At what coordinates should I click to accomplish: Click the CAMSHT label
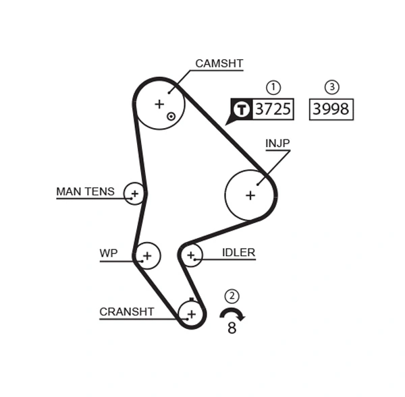pos(219,64)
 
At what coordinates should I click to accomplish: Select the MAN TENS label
pos(85,192)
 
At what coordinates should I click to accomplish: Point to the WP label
pos(108,253)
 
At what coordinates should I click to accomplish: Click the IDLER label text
pos(238,253)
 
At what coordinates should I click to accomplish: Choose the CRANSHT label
pos(126,312)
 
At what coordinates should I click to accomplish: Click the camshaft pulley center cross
pos(159,104)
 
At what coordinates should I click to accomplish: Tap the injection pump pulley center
pos(250,195)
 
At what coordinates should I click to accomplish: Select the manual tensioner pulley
pos(135,194)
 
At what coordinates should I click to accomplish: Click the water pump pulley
pos(147,255)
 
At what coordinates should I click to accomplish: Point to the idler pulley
pos(191,255)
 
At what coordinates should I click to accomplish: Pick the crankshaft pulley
pos(192,313)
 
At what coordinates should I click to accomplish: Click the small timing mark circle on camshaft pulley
pos(171,116)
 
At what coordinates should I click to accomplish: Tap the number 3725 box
pos(273,109)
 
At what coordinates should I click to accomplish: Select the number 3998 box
pos(331,109)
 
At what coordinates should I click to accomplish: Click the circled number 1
pos(273,87)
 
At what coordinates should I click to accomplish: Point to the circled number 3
pos(331,87)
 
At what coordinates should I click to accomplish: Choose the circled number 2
pos(232,296)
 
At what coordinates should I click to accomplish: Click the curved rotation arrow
pos(232,313)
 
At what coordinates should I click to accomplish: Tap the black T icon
pos(241,109)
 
